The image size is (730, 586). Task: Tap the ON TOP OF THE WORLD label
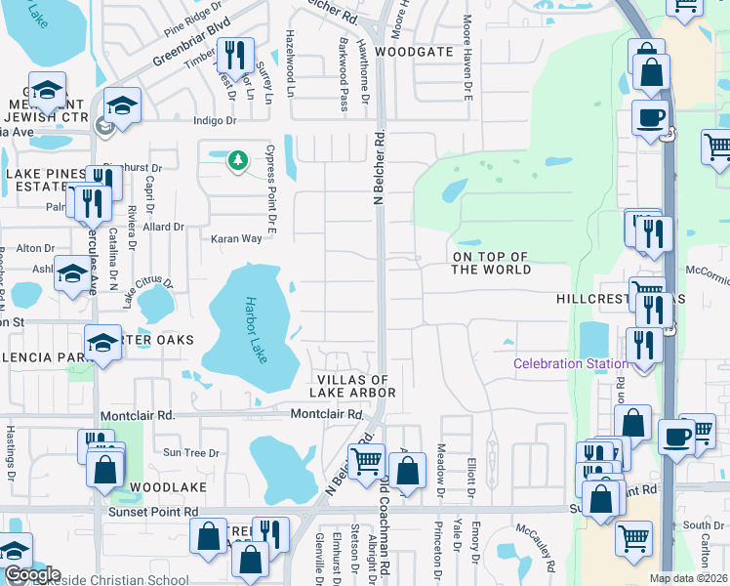tap(490, 263)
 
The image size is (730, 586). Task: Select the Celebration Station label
tap(571, 364)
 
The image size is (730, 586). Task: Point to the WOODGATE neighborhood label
tap(416, 51)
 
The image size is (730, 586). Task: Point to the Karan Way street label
tap(236, 238)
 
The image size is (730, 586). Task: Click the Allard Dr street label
tap(163, 227)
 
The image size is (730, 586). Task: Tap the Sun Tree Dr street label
tap(184, 452)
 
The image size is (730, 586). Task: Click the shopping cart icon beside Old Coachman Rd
tap(366, 458)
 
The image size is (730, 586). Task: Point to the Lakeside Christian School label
tap(117, 576)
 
